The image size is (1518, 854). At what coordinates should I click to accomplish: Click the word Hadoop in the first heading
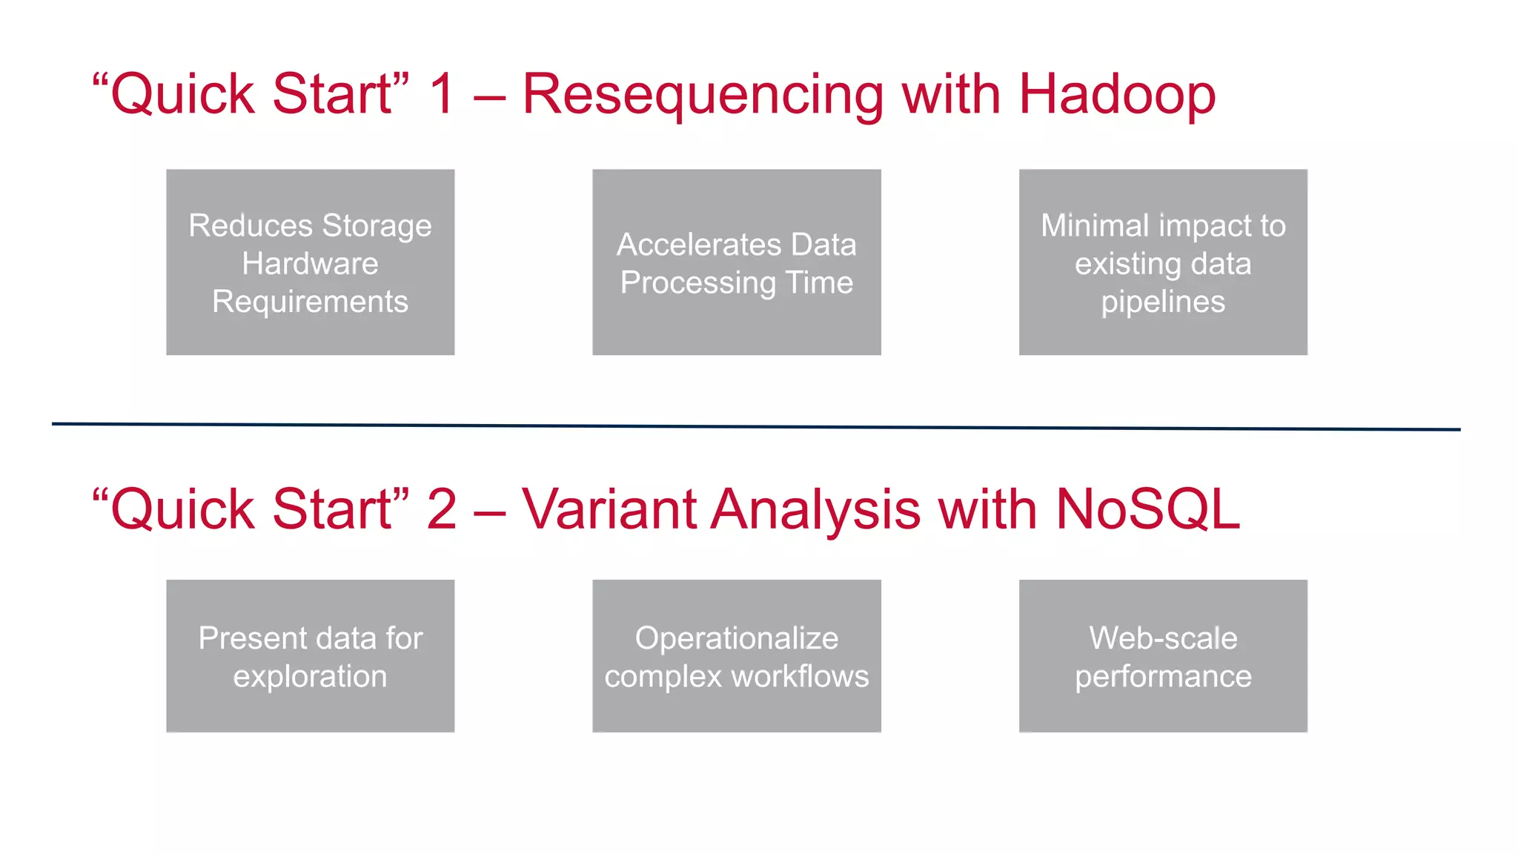(x=1117, y=95)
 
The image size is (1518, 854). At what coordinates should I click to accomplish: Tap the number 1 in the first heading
(x=442, y=95)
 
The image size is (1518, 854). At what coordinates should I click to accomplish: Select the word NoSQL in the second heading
(x=1147, y=510)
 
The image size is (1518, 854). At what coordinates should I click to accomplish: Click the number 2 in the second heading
(x=442, y=510)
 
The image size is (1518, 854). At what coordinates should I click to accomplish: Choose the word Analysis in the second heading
(x=815, y=510)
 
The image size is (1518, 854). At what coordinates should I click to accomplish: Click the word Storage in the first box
(x=377, y=225)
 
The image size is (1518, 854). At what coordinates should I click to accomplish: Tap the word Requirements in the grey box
(x=310, y=302)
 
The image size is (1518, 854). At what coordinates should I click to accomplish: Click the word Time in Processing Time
(x=819, y=282)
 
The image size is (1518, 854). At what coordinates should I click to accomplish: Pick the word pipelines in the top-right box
(x=1163, y=302)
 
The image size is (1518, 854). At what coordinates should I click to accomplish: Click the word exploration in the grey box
(x=310, y=677)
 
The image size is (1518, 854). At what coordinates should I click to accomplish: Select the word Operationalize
(x=736, y=638)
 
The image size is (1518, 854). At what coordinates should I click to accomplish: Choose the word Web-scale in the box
(x=1163, y=638)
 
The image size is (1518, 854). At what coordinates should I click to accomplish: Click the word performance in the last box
(x=1163, y=677)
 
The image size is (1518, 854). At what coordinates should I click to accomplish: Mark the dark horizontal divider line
(x=756, y=426)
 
